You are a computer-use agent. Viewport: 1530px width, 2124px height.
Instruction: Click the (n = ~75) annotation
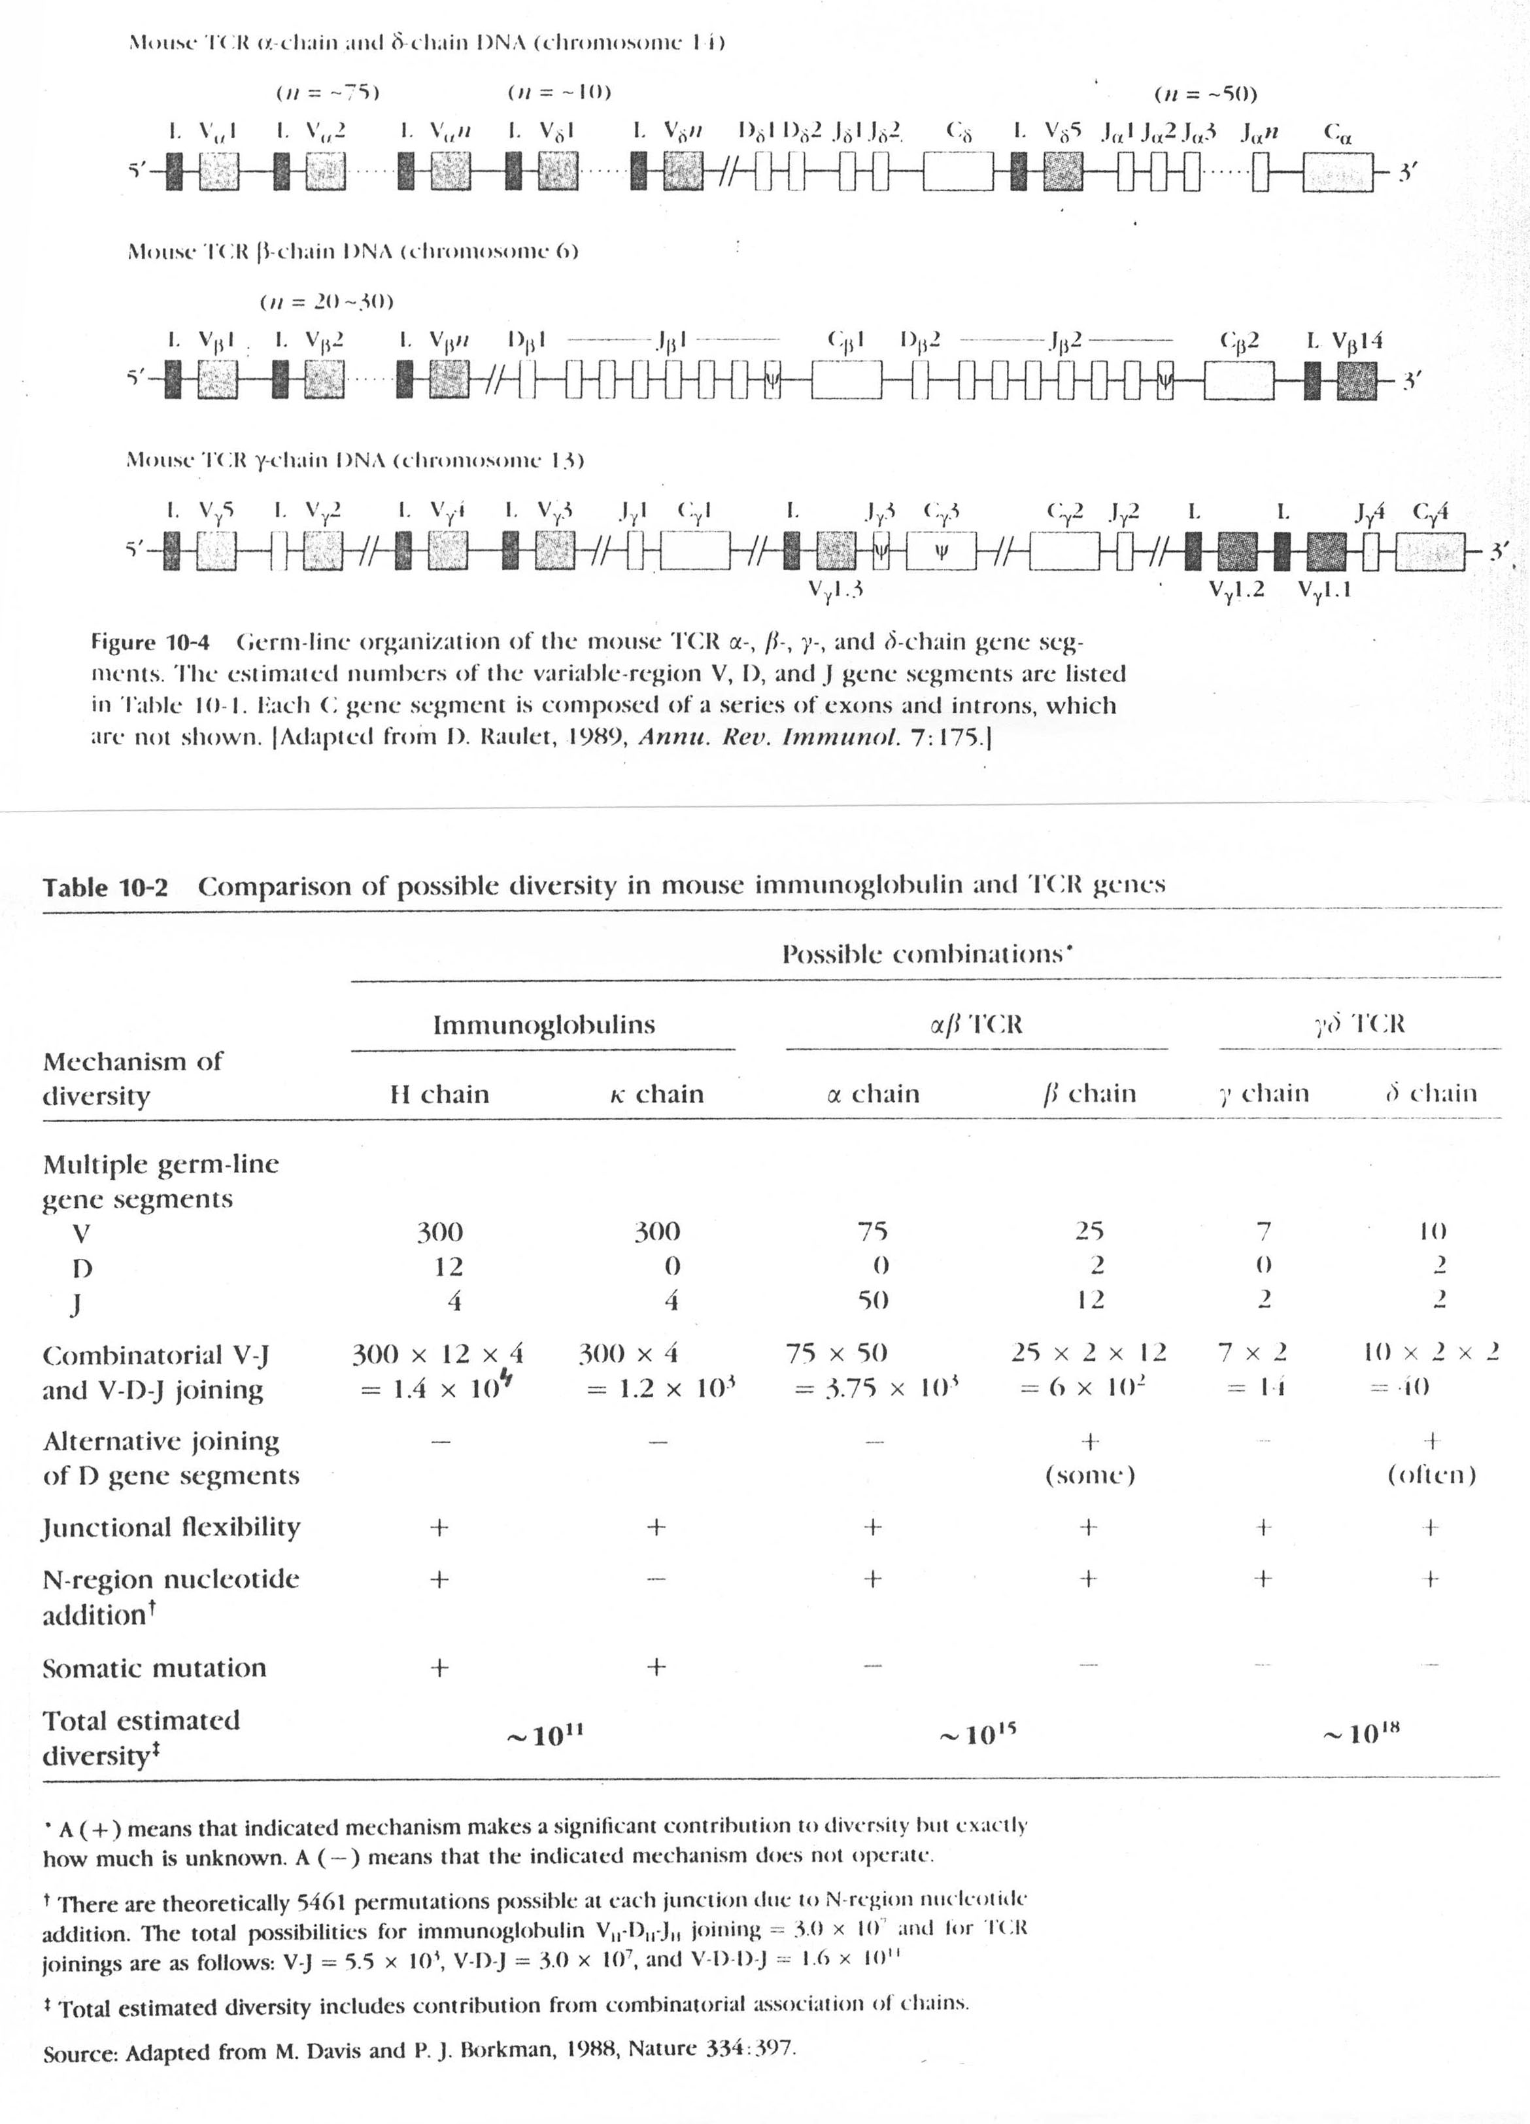327,94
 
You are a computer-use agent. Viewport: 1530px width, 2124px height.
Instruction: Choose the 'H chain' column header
439,1094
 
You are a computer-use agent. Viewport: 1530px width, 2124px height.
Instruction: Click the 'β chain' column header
1089,1094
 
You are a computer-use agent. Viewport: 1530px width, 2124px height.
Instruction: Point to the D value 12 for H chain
449,1266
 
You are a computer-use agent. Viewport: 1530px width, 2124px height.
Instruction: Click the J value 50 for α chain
873,1301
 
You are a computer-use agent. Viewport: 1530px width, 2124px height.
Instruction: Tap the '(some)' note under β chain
1090,1476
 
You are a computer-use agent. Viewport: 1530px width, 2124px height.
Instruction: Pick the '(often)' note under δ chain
1431,1476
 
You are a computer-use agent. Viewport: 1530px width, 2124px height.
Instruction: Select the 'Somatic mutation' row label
154,1668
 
